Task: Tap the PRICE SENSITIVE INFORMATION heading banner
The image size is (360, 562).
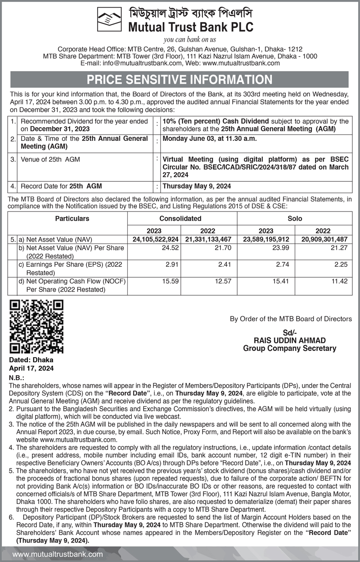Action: (180, 80)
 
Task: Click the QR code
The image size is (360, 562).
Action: (37, 326)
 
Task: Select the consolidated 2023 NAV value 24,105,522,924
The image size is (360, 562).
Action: (156, 239)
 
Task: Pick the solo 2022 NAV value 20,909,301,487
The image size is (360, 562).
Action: (323, 239)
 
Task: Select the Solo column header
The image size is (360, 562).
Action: (295, 219)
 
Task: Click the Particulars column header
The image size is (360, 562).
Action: (72, 219)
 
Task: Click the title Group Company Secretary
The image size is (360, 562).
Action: (290, 348)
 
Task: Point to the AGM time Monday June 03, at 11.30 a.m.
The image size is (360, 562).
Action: (210, 139)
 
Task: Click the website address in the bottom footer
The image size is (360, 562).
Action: (58, 555)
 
